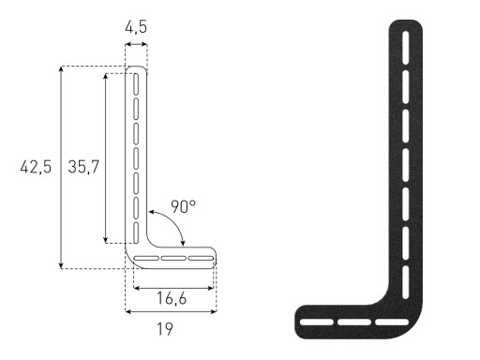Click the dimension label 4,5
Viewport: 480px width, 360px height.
(136, 27)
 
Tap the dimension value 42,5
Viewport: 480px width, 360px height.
(36, 167)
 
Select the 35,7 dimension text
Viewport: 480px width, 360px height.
(83, 167)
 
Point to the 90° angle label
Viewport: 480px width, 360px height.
(184, 207)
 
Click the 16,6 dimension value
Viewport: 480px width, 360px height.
(172, 298)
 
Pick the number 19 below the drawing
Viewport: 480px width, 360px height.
(165, 329)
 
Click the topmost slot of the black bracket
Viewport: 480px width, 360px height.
(406, 48)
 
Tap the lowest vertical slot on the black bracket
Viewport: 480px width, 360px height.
(406, 282)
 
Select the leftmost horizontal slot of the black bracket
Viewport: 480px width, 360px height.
(317, 322)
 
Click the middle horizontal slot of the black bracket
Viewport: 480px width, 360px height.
(354, 322)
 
